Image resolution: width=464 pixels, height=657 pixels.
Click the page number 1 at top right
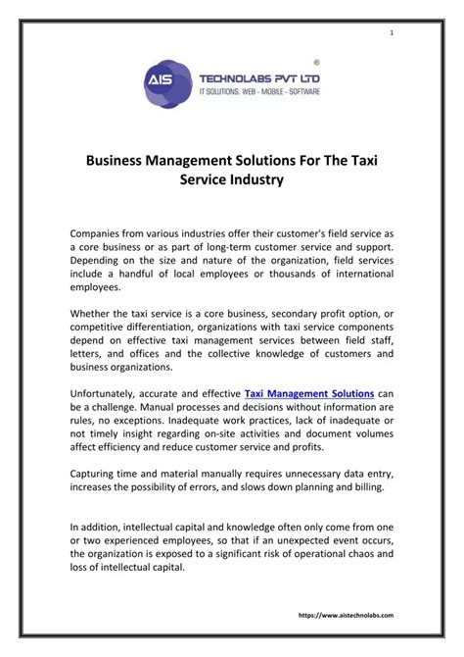[393, 35]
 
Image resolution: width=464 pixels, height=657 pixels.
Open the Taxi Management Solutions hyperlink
[308, 393]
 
